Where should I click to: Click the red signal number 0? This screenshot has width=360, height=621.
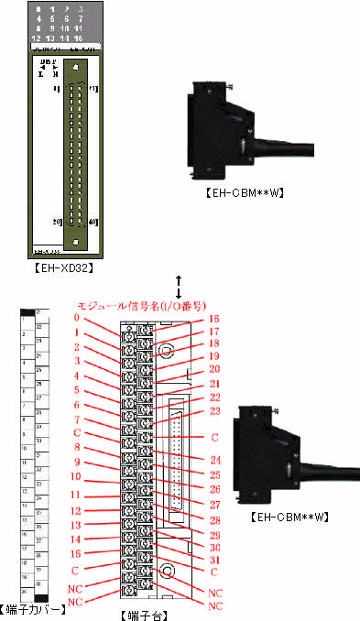click(x=80, y=318)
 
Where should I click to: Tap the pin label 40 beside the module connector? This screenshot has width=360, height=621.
click(x=94, y=222)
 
